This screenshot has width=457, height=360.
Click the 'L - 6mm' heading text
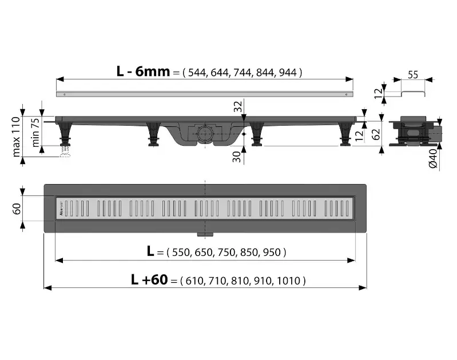[143, 71]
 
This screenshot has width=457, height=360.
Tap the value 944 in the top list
[288, 73]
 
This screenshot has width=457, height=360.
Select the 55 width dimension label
[413, 75]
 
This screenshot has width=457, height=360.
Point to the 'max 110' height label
[17, 137]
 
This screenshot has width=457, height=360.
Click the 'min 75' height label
[35, 132]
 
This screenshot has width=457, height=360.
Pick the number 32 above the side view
[238, 106]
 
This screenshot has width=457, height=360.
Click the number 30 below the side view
[237, 157]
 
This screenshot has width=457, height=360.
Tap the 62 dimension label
[376, 134]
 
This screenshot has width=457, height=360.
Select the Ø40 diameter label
[433, 158]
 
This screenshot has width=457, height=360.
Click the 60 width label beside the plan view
[17, 209]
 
